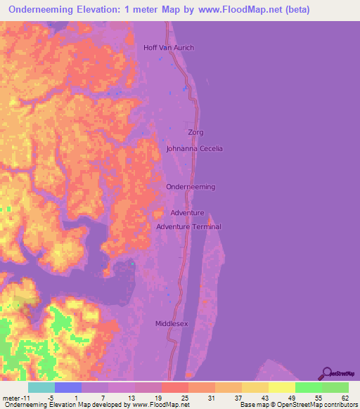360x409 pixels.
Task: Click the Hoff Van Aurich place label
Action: [168, 48]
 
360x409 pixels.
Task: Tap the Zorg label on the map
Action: [196, 132]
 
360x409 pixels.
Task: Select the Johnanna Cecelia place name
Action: [195, 148]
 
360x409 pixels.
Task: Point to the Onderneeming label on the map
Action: [191, 187]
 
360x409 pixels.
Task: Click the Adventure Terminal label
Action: [188, 226]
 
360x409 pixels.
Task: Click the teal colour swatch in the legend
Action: [41, 387]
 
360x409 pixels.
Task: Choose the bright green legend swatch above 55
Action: [308, 387]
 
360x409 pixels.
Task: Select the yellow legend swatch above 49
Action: [281, 387]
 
